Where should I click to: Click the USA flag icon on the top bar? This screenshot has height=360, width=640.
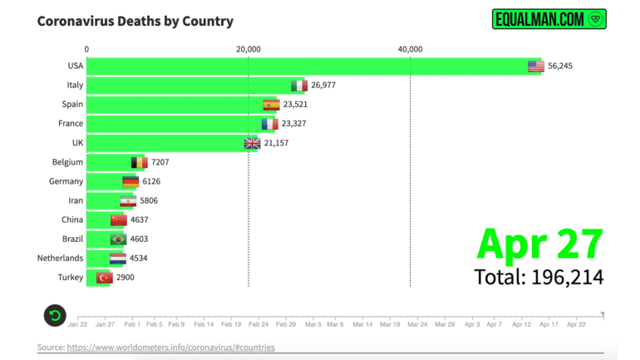pos(536,67)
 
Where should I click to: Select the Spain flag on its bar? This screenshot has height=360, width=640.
pos(271,105)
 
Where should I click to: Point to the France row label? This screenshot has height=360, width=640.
pos(71,124)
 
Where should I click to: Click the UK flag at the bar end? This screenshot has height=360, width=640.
pos(252,143)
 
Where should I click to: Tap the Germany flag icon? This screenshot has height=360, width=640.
pos(130,181)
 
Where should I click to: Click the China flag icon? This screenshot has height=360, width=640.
pos(118,219)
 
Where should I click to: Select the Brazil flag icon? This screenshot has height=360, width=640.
pos(118,239)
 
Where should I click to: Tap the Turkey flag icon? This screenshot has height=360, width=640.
pos(105,277)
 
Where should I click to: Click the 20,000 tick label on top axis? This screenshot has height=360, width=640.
pos(249,49)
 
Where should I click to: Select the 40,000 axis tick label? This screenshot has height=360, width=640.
pos(410,49)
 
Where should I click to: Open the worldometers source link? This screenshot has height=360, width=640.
pos(170,347)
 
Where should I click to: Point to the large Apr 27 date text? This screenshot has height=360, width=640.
pos(539,244)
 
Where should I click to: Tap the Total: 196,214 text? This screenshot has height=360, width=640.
pos(539,277)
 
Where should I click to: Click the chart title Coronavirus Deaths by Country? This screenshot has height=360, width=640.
pos(135,21)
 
